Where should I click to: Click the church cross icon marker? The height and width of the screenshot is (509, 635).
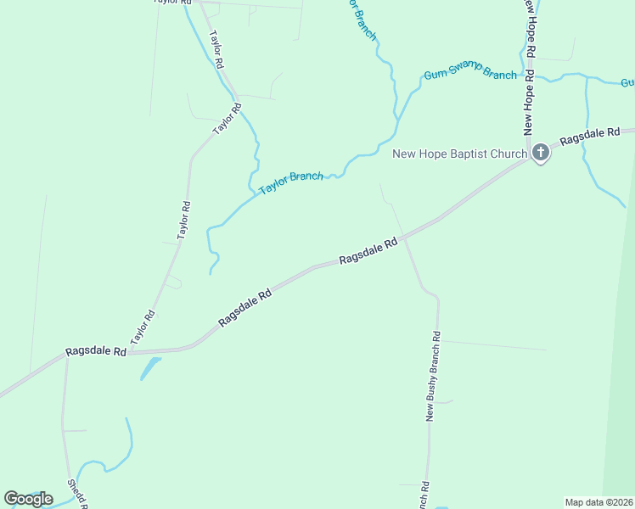tap(540, 153)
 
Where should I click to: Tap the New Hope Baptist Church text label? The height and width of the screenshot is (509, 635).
tap(460, 154)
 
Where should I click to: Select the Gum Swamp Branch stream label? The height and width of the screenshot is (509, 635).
tap(469, 75)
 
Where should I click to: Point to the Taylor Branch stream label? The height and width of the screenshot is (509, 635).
tap(291, 182)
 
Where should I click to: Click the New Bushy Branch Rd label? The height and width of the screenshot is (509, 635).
tap(433, 376)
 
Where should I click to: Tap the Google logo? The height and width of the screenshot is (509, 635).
tap(28, 499)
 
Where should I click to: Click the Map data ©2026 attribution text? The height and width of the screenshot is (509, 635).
tap(598, 502)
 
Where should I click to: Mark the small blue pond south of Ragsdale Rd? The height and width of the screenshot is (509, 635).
tap(150, 367)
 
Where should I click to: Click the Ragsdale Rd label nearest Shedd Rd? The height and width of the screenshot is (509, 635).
tap(96, 351)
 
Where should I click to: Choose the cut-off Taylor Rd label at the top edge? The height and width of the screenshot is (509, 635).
tap(170, 3)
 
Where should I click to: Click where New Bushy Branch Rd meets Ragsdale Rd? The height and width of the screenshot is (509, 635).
tap(405, 238)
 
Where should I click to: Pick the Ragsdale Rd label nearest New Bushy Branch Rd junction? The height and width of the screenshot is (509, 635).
tap(368, 251)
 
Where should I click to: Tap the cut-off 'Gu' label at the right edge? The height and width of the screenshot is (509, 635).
tap(627, 82)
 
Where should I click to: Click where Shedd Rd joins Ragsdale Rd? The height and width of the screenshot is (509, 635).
tap(66, 356)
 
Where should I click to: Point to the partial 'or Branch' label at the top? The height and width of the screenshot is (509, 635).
tap(362, 20)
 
